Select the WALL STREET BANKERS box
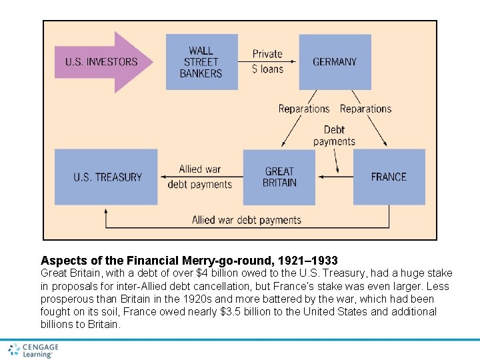pos(201,62)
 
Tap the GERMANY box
pos(335,62)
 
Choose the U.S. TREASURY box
pos(107,177)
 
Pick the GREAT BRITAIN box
pos(279,177)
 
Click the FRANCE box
pos(389,177)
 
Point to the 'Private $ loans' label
pos(267,61)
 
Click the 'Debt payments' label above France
pos(334,135)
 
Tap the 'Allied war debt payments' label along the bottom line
pos(247,219)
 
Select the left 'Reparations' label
pos(304,109)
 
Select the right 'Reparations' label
pos(365,109)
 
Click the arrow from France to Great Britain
pos(334,177)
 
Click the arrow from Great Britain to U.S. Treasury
pos(200,177)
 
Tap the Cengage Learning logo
pos(33,351)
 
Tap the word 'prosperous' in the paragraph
pos(67,299)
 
